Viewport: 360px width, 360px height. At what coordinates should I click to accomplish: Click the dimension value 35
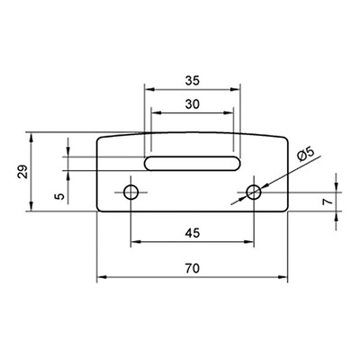pos(193,81)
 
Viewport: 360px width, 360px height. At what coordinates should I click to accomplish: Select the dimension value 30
pos(193,104)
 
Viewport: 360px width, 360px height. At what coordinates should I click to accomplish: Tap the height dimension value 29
pos(23,172)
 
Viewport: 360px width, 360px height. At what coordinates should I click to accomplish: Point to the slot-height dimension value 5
pos(60,196)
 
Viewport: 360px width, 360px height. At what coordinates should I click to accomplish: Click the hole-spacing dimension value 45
pos(193,233)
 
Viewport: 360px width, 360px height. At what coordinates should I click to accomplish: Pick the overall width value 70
pos(193,268)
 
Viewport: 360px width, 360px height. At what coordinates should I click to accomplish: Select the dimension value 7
pos(328,202)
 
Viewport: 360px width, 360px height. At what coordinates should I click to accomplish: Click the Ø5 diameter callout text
pos(305,155)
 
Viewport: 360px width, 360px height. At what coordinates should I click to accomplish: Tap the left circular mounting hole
pos(131,192)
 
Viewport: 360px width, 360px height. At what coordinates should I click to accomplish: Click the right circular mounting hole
pos(254,192)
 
